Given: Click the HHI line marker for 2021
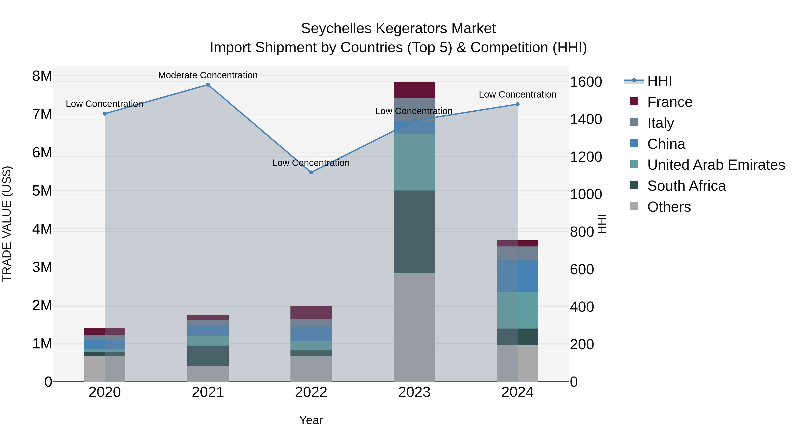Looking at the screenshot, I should (x=208, y=85).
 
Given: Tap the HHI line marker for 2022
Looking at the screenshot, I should (x=311, y=173).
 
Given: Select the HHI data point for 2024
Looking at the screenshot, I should (x=518, y=104).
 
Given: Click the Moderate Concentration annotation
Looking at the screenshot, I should (x=208, y=75).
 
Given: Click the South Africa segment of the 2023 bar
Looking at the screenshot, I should (x=414, y=232).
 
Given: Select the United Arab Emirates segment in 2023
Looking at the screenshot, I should (x=414, y=162).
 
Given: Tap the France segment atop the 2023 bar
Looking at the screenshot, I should (x=414, y=90).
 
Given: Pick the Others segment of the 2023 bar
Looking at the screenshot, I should (x=414, y=327).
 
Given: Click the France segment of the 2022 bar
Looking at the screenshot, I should (x=311, y=313).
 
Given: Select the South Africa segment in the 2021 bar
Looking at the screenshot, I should (x=208, y=356).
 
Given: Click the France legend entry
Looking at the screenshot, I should (x=669, y=102).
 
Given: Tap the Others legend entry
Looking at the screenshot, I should (x=669, y=207).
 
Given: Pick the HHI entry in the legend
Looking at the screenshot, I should (x=659, y=81).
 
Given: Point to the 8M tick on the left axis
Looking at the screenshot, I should (x=42, y=76).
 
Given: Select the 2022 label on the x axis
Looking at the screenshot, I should (x=311, y=392).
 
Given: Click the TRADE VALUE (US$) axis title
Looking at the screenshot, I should (x=7, y=224).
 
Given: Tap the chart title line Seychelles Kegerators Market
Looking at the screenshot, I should (x=398, y=29).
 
